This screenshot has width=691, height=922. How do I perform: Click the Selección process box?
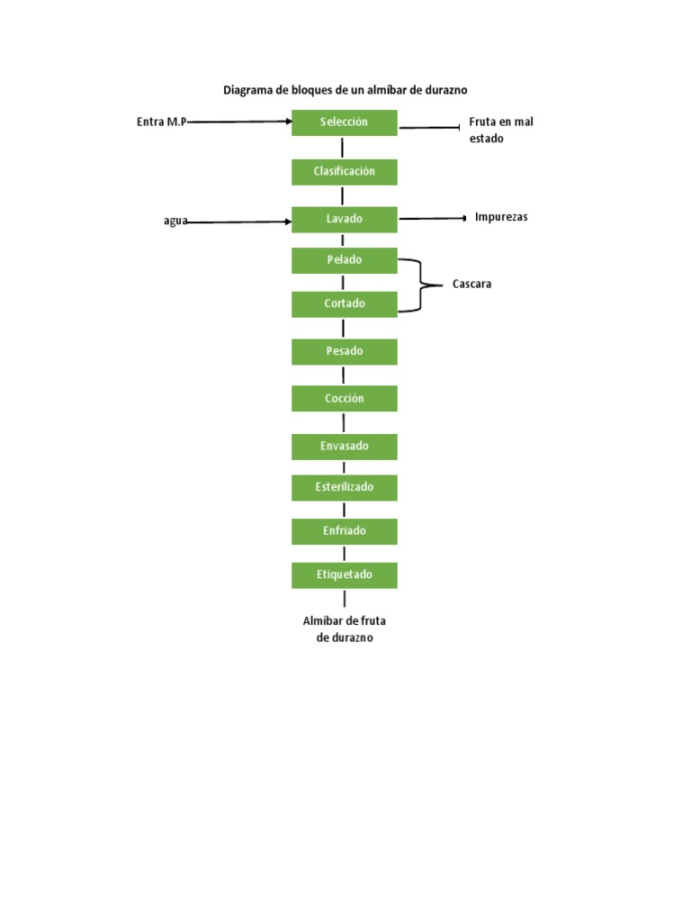(344, 122)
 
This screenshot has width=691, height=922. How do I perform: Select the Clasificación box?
(344, 171)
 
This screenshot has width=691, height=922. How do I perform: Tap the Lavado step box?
(344, 219)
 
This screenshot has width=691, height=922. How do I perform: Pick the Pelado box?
(344, 260)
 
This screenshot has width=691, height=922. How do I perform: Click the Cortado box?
(344, 304)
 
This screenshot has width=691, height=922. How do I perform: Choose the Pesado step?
(344, 352)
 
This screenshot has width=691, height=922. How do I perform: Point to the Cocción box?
(344, 399)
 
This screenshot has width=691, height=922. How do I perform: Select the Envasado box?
(344, 447)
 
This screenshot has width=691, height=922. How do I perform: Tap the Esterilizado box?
(344, 487)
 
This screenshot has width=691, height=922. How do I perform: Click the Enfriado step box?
(344, 531)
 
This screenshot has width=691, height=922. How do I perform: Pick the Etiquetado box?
(344, 574)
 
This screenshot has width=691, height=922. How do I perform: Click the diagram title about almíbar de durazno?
(345, 90)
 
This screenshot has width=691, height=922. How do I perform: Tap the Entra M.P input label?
(161, 122)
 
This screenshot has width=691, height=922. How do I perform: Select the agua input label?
(175, 221)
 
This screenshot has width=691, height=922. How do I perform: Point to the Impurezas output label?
(501, 217)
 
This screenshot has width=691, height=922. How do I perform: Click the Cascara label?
(472, 285)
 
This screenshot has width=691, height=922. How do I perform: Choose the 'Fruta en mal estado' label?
(501, 131)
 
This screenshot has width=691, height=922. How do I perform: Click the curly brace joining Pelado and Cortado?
(417, 285)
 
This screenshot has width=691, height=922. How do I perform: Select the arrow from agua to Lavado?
(239, 221)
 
